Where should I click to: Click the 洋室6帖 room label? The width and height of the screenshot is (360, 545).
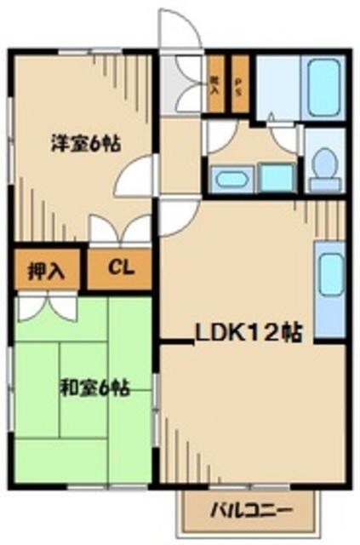(82, 144)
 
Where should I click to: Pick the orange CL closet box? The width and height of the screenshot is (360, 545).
(120, 269)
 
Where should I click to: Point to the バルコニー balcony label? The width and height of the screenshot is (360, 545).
(251, 513)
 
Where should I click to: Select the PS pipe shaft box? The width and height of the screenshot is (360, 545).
(240, 86)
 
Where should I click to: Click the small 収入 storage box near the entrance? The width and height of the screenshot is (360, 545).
(215, 85)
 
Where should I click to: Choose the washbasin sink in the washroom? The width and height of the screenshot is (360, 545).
(230, 179)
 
